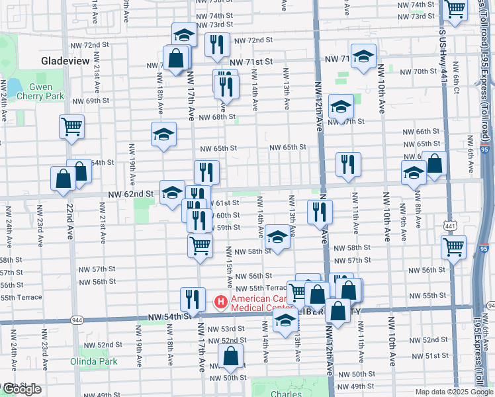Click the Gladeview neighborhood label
pyautogui.click(x=65, y=60)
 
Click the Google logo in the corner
pyautogui.click(x=21, y=389)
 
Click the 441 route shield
pyautogui.click(x=451, y=226)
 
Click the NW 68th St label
pyautogui.click(x=218, y=117)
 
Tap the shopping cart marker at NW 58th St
pyautogui.click(x=200, y=246)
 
